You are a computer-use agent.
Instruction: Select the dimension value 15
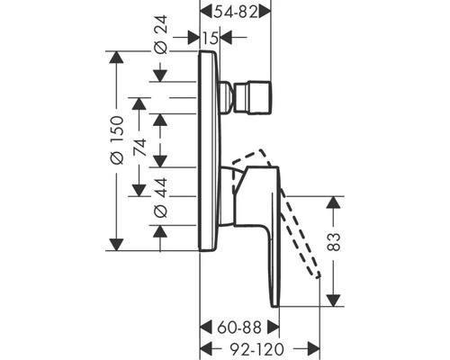[x=209, y=38]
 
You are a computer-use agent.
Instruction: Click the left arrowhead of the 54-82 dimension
[x=202, y=12]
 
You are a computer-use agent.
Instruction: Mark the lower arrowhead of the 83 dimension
[x=336, y=301]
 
